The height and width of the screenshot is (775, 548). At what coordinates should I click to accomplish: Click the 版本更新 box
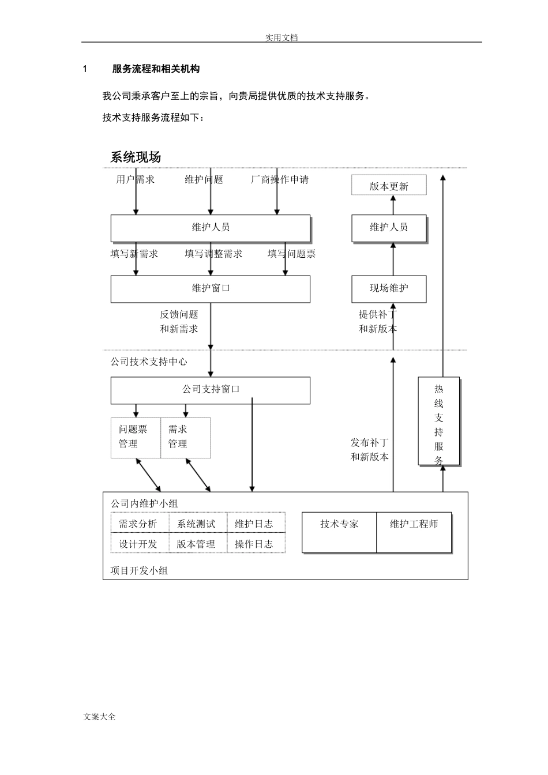click(x=389, y=186)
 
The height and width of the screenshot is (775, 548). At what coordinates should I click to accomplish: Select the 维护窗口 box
click(x=210, y=288)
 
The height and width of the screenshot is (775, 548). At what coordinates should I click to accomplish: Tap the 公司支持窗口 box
click(x=210, y=390)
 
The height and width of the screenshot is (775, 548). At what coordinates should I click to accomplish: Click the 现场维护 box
click(x=389, y=288)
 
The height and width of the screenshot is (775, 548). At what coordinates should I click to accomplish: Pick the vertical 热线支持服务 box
click(x=438, y=421)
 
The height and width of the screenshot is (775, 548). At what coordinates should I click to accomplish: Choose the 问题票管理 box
click(x=135, y=437)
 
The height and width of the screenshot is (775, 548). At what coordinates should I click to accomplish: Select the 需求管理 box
click(x=185, y=437)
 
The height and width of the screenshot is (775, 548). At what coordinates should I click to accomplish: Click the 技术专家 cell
click(x=339, y=532)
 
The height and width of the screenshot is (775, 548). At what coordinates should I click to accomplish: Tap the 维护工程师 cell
click(x=414, y=532)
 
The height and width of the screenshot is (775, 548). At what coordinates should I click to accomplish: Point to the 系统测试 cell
click(x=196, y=524)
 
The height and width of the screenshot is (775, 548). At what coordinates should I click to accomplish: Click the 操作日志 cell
click(x=254, y=544)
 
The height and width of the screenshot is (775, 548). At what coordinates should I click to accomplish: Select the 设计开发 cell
click(x=138, y=544)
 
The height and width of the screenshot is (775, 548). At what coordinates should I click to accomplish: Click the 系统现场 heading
click(x=136, y=157)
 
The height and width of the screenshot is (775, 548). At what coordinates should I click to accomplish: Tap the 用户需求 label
click(x=135, y=179)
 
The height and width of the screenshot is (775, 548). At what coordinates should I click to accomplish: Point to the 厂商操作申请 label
click(x=280, y=179)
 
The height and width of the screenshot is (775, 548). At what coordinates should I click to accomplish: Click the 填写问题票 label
click(x=291, y=254)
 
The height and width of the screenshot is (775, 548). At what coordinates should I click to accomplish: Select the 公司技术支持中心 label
click(x=149, y=362)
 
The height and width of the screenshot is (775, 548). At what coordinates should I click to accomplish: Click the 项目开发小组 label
click(x=139, y=570)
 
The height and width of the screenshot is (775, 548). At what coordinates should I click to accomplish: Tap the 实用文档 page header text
click(x=281, y=37)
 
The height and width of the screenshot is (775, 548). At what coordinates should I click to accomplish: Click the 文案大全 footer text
click(x=100, y=716)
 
